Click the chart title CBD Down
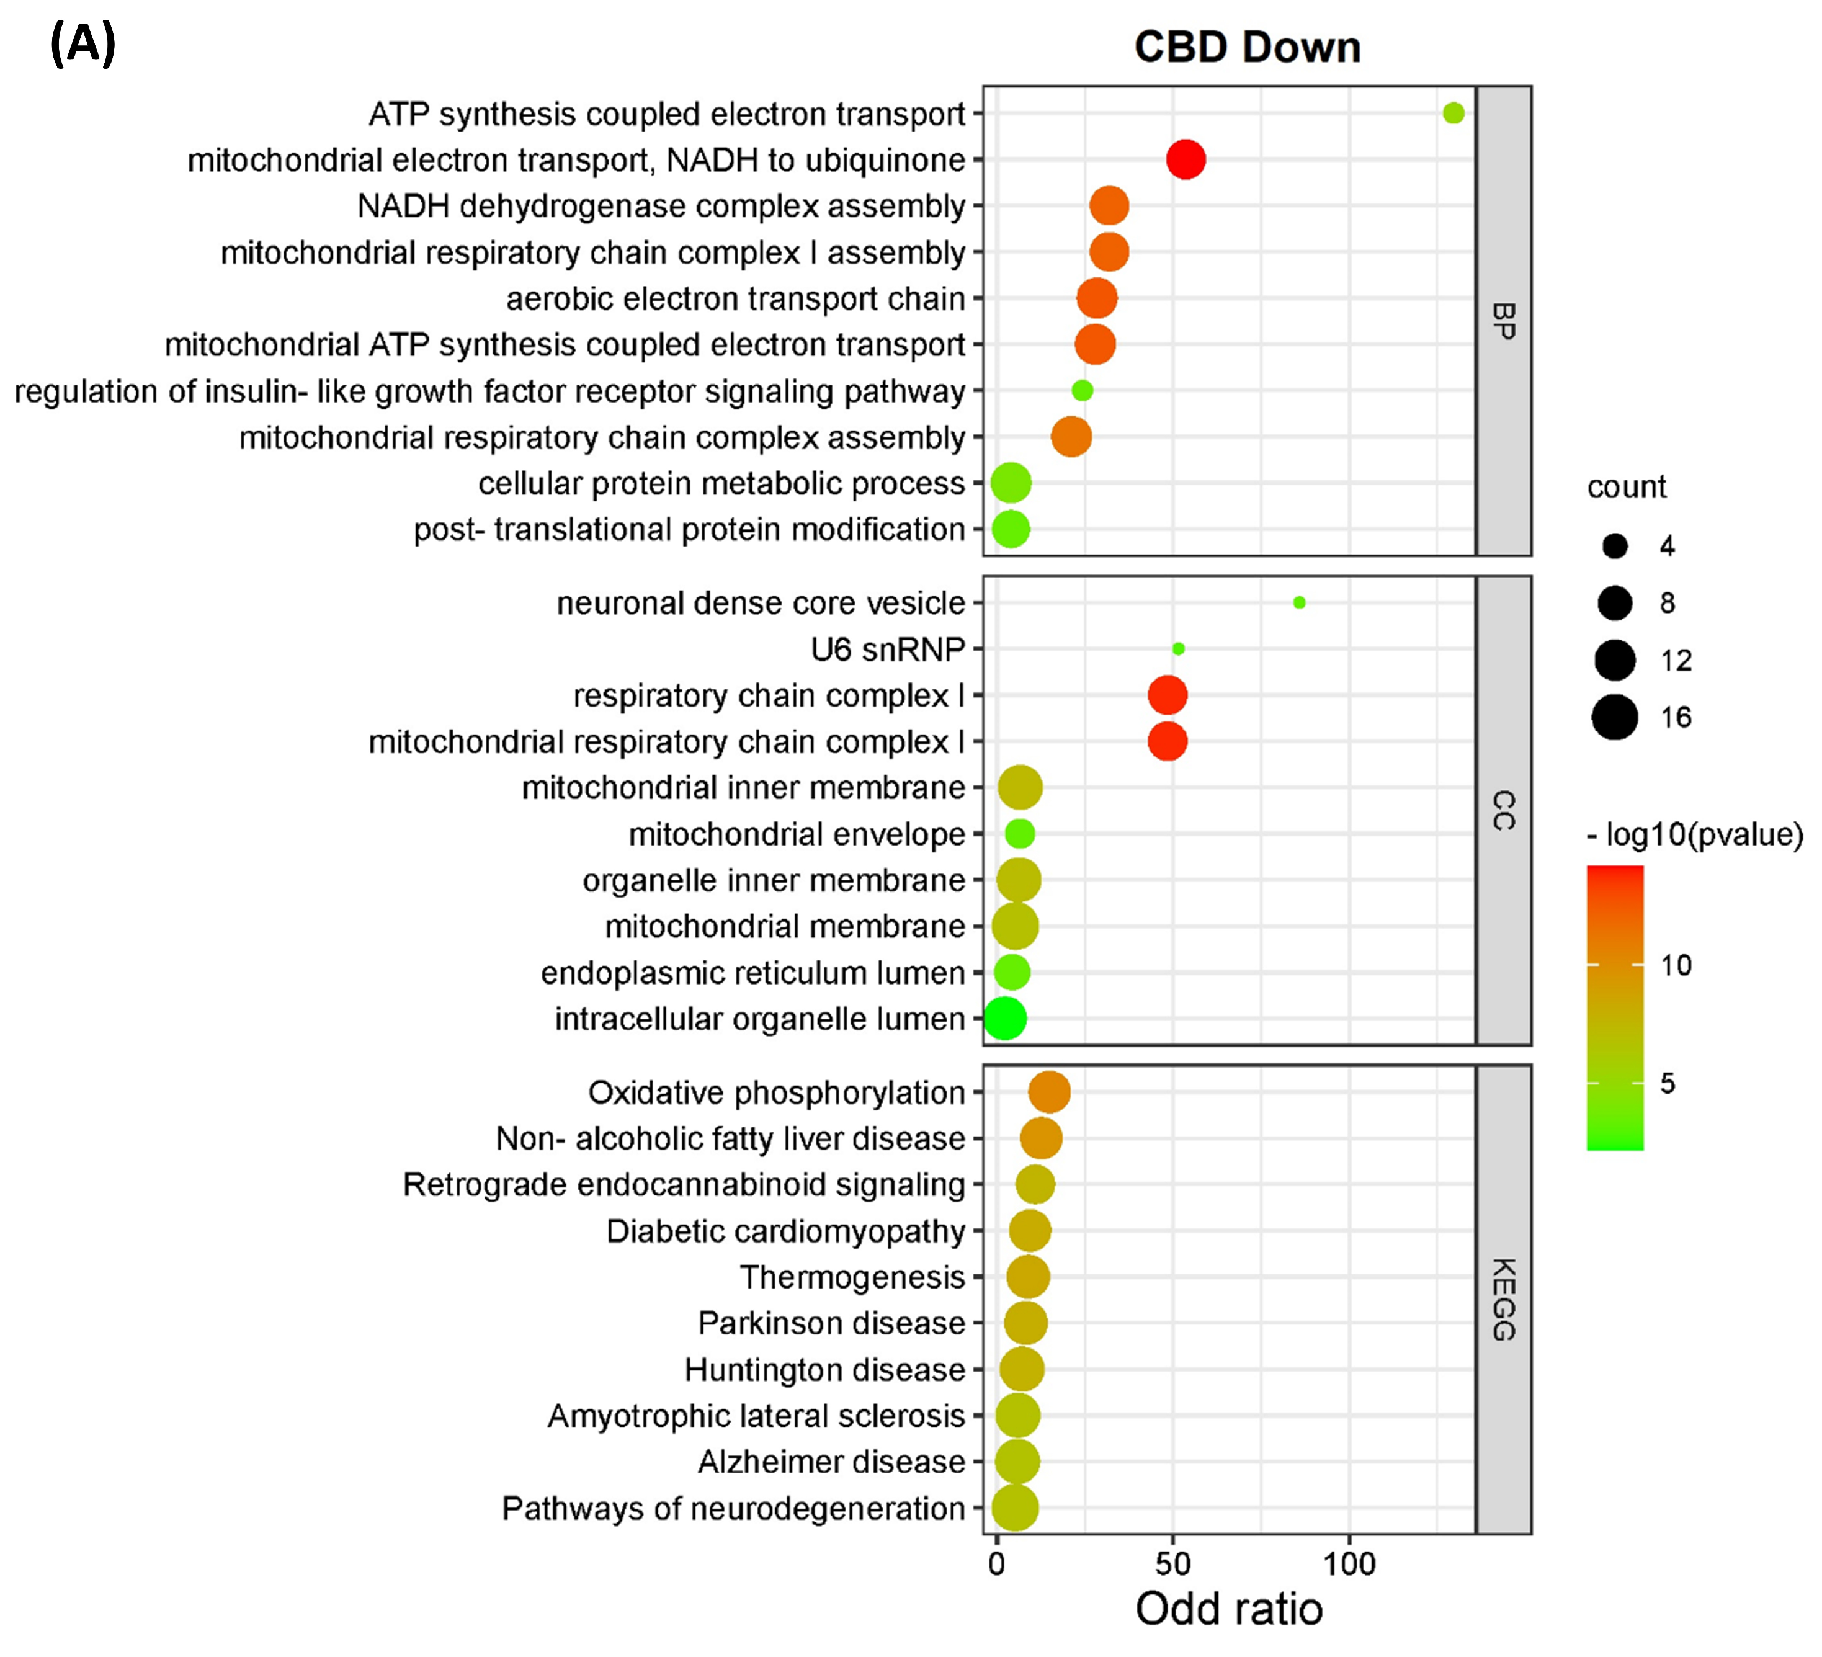coord(1247,47)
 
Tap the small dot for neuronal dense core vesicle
coord(1298,602)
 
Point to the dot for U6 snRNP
coord(1177,648)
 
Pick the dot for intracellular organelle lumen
coord(1004,1019)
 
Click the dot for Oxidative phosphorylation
coord(1049,1092)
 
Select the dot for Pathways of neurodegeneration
coord(1014,1508)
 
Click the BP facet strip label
coord(1503,321)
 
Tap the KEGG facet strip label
coord(1503,1299)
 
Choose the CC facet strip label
coord(1503,810)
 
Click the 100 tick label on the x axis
coord(1349,1564)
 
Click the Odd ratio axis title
coord(1229,1610)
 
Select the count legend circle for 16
coord(1614,718)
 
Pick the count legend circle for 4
coord(1614,546)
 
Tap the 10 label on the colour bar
coord(1676,965)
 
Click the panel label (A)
coord(83,43)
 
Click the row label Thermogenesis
coord(852,1277)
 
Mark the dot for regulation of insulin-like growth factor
coord(1082,390)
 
